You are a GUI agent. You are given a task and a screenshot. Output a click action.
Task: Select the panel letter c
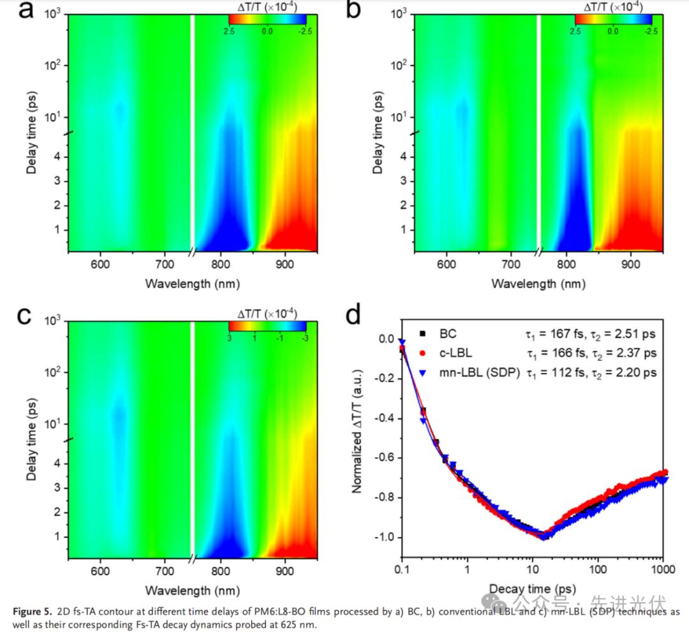tap(23, 316)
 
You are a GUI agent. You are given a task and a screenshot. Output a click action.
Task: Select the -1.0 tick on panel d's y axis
tap(384, 538)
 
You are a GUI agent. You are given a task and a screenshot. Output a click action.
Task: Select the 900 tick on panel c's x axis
tap(285, 570)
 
